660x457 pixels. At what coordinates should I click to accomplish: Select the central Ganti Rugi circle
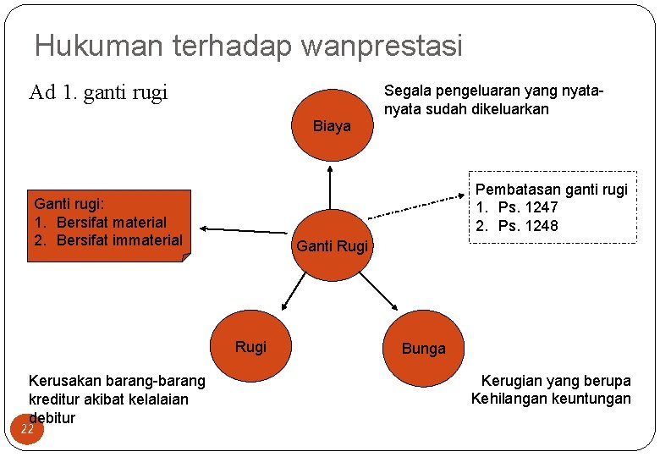(332, 246)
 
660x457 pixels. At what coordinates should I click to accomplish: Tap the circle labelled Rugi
(251, 347)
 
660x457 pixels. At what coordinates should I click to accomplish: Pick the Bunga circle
(423, 348)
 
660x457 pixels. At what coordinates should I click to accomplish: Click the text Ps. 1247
(528, 207)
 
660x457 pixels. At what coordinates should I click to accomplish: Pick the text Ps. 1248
(528, 226)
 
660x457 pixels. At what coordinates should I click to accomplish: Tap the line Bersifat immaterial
(119, 240)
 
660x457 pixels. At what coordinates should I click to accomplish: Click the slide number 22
(27, 429)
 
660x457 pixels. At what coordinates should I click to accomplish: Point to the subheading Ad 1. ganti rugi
(98, 91)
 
